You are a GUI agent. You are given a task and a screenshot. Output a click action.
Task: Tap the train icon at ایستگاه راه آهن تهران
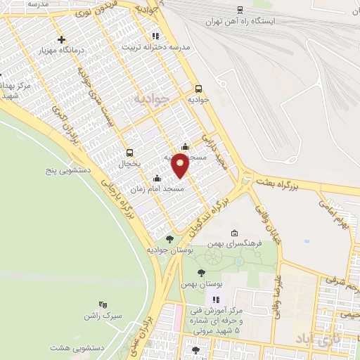(x=240, y=10)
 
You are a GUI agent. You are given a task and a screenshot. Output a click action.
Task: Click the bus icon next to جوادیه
(x=198, y=89)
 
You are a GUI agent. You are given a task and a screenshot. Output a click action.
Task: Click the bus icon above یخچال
(x=129, y=153)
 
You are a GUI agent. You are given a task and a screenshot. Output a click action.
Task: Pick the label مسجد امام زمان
(x=162, y=189)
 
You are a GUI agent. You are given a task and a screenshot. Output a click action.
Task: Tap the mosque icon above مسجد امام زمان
(x=156, y=178)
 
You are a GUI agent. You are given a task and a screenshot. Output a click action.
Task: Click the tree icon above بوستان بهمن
(x=202, y=272)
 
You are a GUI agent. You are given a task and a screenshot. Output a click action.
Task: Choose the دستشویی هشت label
(x=75, y=347)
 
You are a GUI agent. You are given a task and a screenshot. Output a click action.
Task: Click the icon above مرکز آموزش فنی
(x=207, y=300)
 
